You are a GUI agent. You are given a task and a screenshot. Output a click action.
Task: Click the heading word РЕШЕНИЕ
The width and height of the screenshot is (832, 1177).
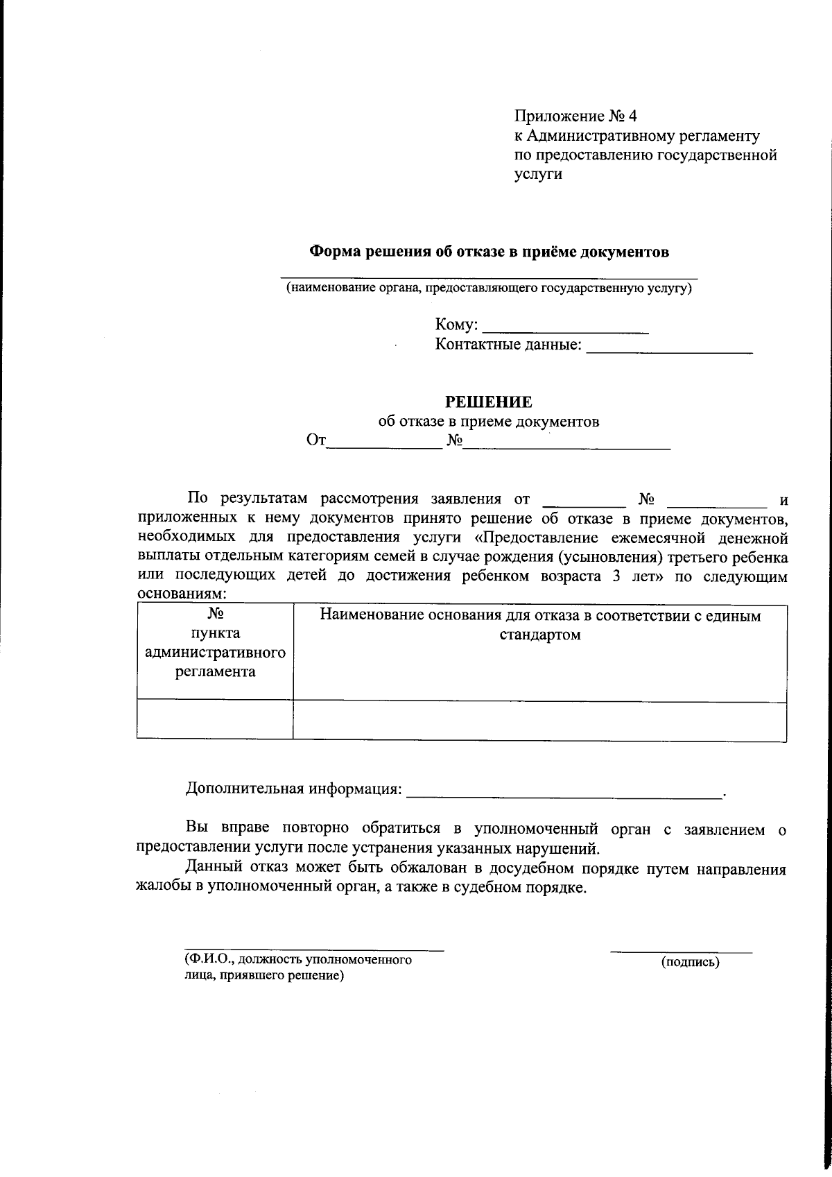click(x=488, y=402)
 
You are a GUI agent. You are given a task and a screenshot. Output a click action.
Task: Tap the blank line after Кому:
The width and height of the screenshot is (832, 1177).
click(x=564, y=330)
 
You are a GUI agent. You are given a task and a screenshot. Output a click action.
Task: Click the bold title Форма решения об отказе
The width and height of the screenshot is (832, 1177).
click(x=488, y=252)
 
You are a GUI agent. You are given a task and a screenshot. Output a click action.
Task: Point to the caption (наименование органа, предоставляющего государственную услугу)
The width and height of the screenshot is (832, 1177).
click(x=489, y=288)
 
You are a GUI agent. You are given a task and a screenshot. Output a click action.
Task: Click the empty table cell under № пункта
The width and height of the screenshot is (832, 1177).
click(x=215, y=719)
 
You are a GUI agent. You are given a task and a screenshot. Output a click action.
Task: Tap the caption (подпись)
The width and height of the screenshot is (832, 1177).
click(x=690, y=962)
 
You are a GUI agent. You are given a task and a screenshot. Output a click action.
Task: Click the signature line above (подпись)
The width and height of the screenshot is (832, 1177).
click(x=681, y=952)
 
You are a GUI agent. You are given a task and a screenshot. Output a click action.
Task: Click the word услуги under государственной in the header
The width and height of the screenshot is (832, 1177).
click(x=538, y=174)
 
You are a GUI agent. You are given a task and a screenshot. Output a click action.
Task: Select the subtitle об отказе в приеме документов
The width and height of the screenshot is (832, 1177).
click(x=488, y=421)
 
